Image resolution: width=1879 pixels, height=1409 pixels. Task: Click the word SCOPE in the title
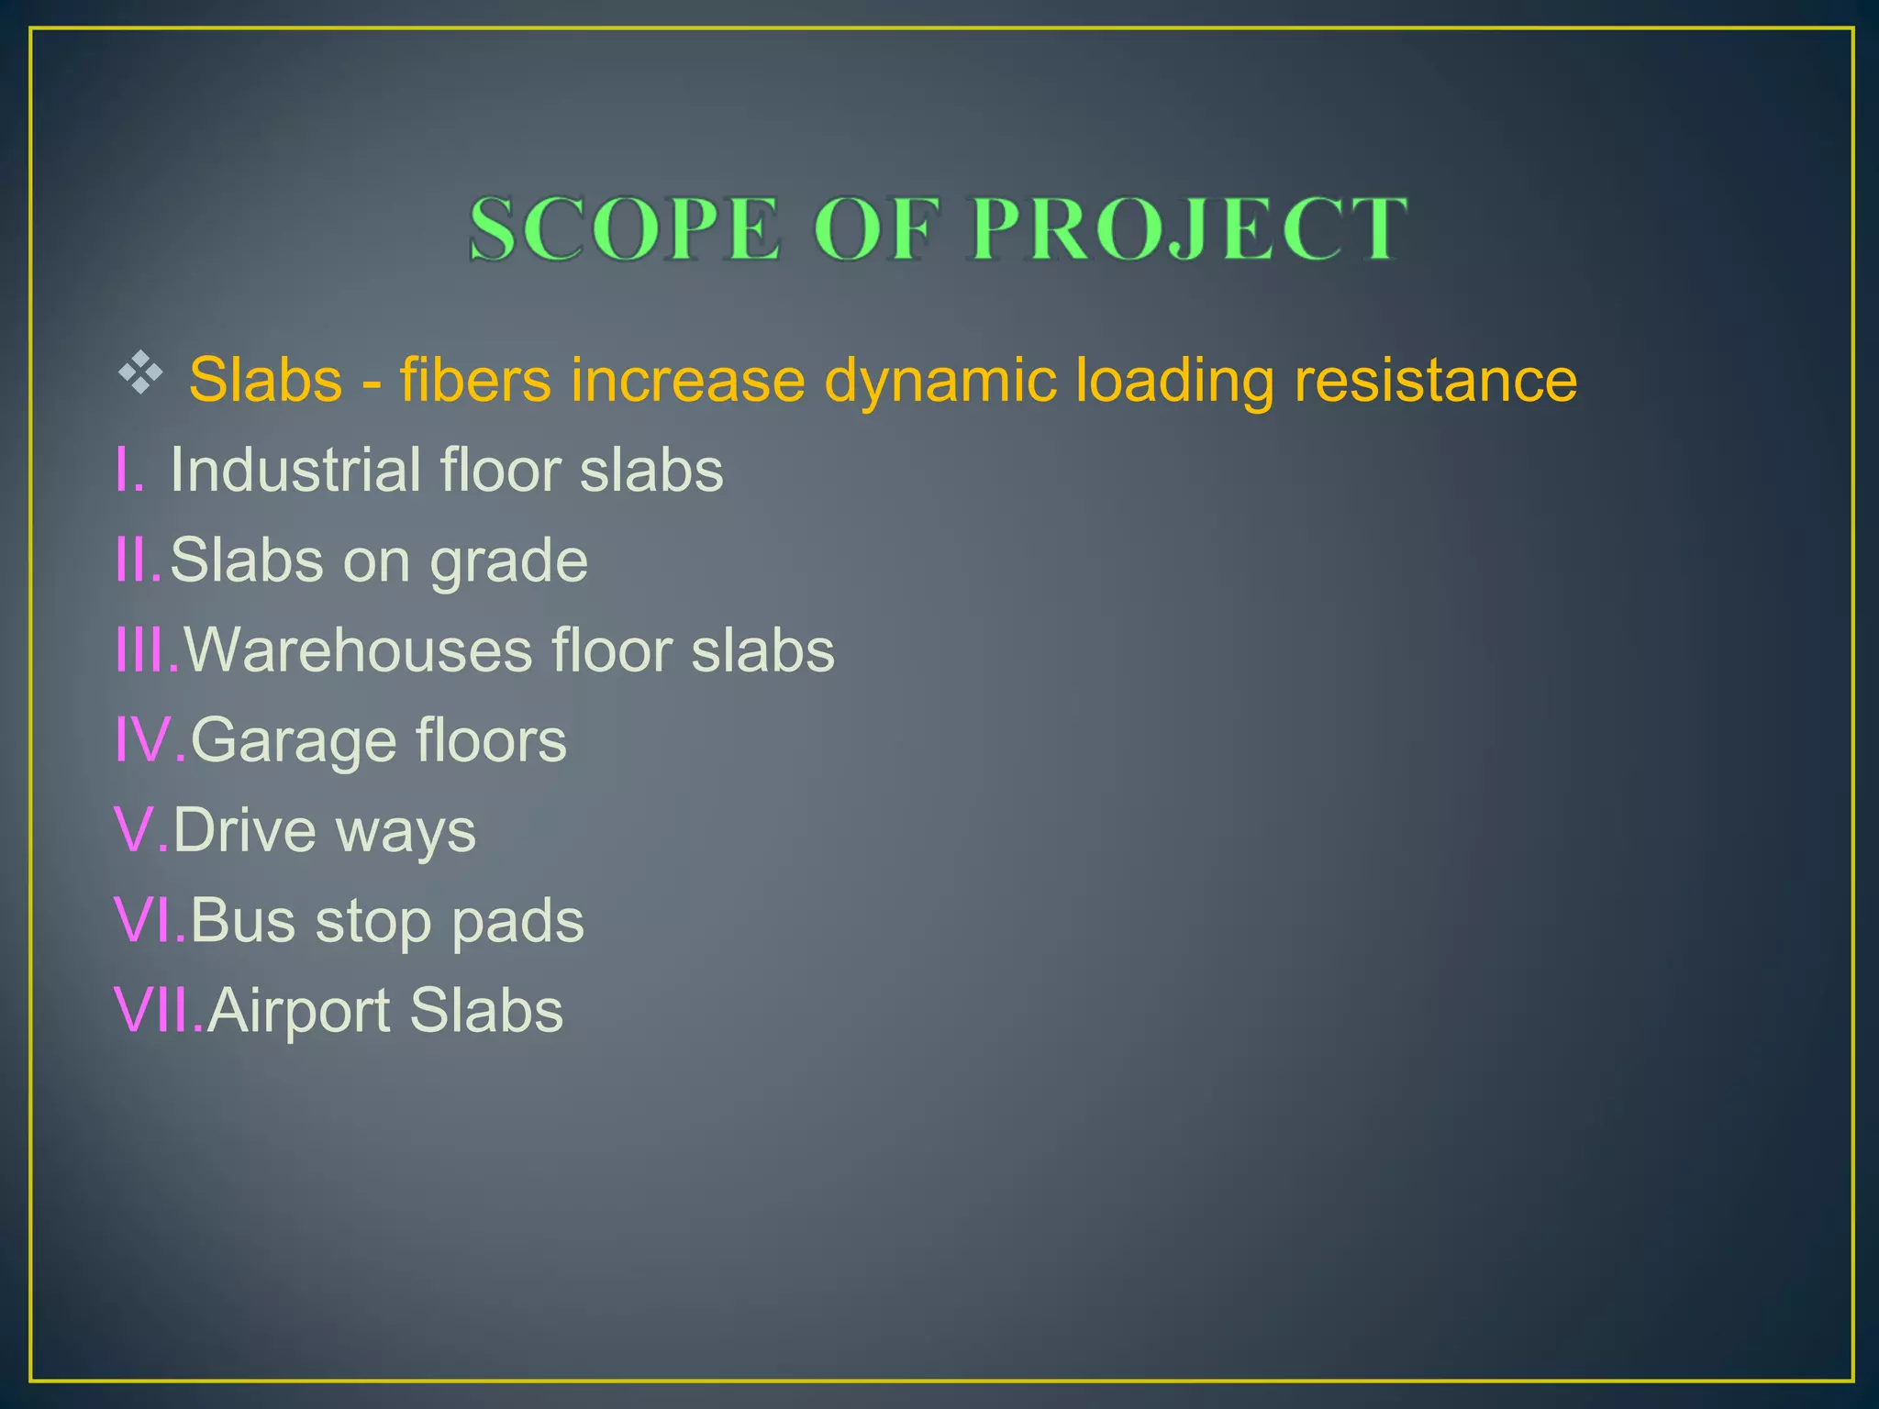tap(625, 229)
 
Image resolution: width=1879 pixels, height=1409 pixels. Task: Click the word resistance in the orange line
tap(1435, 380)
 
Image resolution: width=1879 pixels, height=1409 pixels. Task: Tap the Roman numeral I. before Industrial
tap(129, 470)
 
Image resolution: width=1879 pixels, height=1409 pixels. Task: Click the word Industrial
tap(294, 470)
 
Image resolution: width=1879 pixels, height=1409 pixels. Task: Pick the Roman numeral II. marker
tap(139, 560)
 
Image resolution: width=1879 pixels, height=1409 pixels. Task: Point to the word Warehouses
tap(358, 649)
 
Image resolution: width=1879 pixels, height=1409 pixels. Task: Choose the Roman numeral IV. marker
tap(150, 739)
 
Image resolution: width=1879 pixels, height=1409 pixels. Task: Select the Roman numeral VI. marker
tap(150, 919)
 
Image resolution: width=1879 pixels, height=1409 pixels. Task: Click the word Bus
tap(243, 919)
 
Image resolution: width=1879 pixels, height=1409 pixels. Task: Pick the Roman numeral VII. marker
tap(158, 1009)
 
